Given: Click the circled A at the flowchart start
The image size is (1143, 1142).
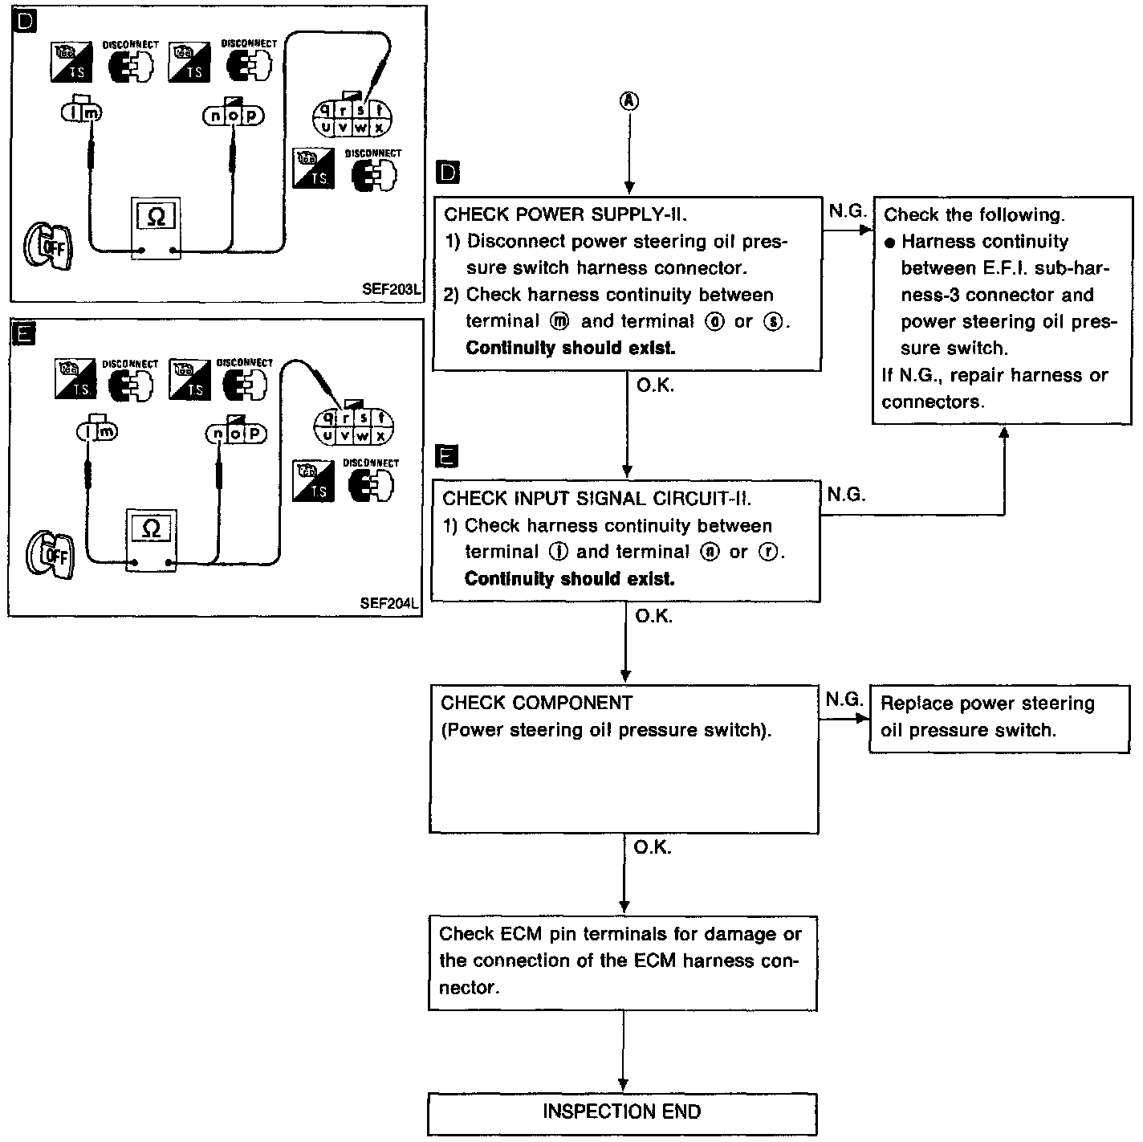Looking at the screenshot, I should point(628,100).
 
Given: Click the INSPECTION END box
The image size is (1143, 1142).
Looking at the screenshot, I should point(622,1112).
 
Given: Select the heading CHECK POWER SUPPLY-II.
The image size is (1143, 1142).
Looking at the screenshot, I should point(565,214).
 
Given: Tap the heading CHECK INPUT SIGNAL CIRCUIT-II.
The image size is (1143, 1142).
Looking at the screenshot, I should point(596,498).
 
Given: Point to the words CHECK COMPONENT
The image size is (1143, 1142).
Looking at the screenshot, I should point(536,703).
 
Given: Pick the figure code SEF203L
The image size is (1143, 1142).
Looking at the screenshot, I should point(391,289).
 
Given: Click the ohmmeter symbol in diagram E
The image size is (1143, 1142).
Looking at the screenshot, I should point(150,528).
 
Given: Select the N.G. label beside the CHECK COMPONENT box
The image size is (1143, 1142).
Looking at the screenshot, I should point(844,699).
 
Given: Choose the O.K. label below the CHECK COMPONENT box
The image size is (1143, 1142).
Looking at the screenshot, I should point(652,848).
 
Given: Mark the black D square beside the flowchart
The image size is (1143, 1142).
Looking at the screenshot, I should point(447,173).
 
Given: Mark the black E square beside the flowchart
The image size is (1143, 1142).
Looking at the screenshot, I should point(446,456).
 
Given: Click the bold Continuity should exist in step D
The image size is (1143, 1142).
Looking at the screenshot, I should point(570,348).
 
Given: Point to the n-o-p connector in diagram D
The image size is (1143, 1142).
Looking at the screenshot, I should point(233,116).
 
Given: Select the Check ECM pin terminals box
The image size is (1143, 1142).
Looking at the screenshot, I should point(622,961).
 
